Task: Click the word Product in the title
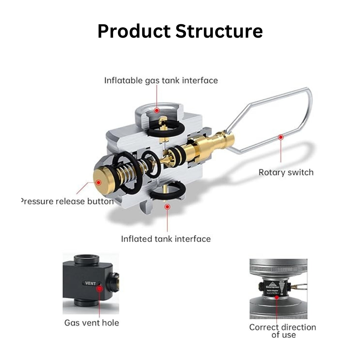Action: click(134, 31)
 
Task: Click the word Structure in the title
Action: click(219, 31)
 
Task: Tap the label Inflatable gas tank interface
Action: click(161, 80)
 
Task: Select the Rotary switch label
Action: click(286, 172)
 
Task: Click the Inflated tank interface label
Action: click(166, 239)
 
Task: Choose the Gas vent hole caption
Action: click(91, 322)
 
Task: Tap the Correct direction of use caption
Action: click(283, 331)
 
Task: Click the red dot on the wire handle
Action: click(281, 137)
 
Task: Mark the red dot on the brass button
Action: click(99, 182)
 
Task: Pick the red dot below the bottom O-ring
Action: click(167, 207)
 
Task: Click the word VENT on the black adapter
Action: click(90, 283)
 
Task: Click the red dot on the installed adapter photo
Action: click(278, 298)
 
